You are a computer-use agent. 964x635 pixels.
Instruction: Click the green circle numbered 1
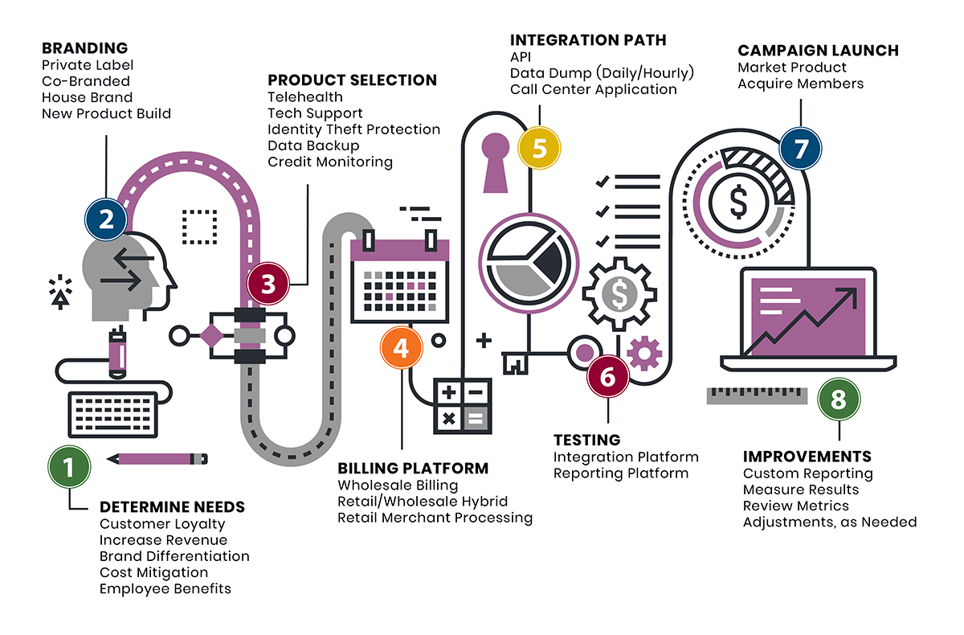coord(69,466)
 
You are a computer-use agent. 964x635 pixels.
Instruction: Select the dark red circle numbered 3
coord(268,284)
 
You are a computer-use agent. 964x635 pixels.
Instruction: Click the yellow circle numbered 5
coord(539,149)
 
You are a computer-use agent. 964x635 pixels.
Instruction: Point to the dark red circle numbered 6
coord(608,375)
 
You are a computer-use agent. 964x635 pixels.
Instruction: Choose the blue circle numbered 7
coord(800,149)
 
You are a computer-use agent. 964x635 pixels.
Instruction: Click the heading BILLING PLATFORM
coord(412,468)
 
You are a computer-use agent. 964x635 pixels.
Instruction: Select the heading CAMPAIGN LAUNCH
coord(818,51)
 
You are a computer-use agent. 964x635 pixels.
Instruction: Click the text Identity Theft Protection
coord(353,129)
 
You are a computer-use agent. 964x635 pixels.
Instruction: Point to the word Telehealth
coord(305,97)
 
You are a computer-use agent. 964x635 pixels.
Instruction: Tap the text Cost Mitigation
coord(153,572)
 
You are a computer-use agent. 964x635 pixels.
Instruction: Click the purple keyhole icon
coord(495,162)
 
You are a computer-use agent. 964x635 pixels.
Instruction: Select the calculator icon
coord(463,405)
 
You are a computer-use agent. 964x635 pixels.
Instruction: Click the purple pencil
coord(156,459)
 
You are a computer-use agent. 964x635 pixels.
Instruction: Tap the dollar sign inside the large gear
coord(619,294)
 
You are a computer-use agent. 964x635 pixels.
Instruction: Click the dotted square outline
coord(199,227)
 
